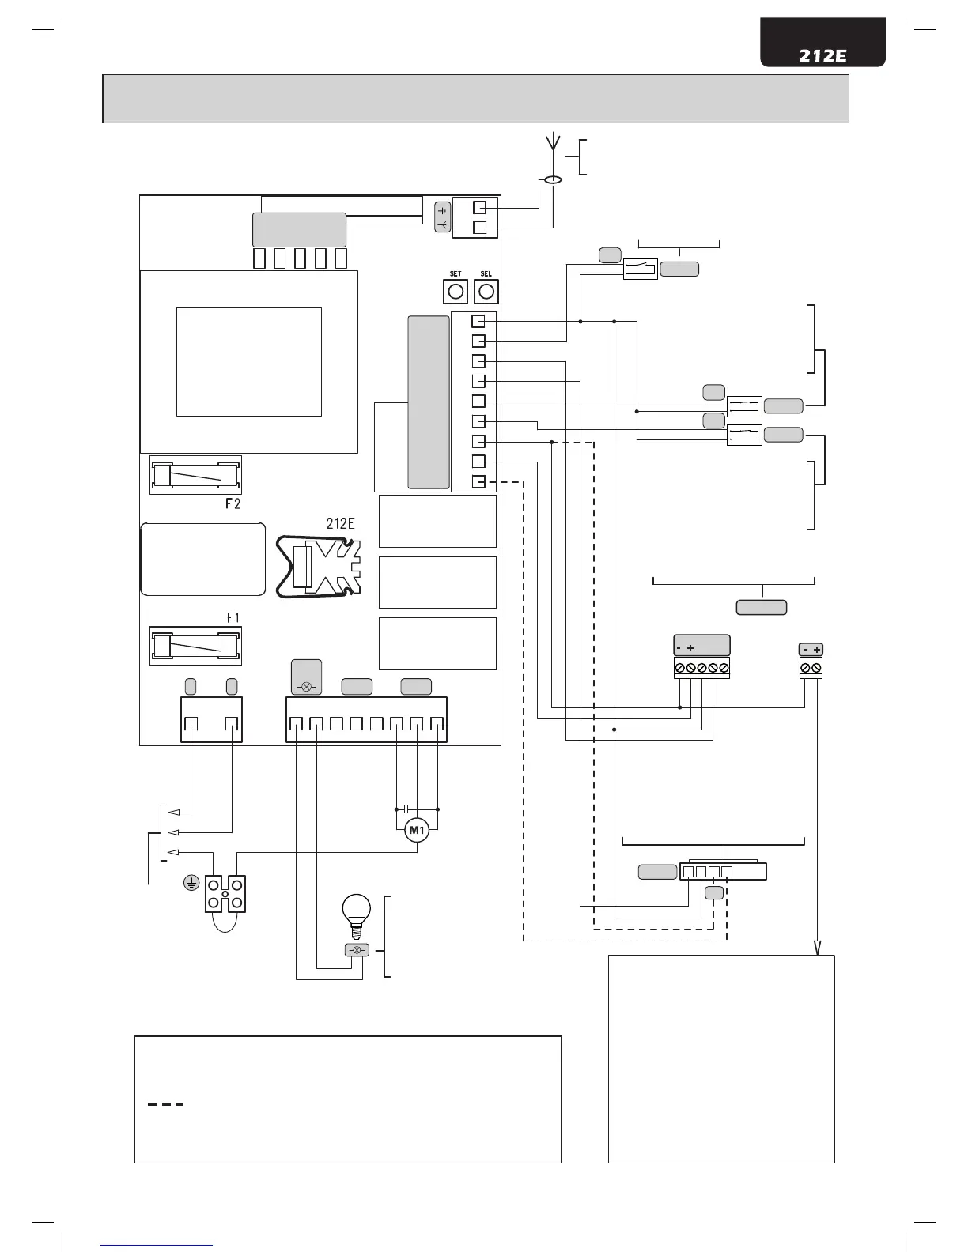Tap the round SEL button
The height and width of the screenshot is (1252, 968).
pos(486,292)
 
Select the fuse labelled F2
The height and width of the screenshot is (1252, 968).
pos(195,474)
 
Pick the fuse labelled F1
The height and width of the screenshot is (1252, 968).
pos(195,646)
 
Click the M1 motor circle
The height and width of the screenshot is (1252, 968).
pos(416,830)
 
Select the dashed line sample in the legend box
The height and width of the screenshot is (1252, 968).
pos(166,1104)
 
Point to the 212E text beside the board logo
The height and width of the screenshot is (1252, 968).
pos(340,522)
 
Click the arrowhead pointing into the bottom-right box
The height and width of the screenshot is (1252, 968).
pos(817,948)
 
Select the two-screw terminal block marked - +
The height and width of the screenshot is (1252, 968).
pos(811,668)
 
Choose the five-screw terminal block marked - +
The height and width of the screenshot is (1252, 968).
pos(701,669)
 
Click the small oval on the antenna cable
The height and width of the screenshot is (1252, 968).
pos(553,181)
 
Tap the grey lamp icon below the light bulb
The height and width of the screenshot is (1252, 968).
pos(356,950)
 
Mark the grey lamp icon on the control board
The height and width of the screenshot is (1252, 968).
pos(306,677)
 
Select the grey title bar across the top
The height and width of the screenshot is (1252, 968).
pos(475,99)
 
